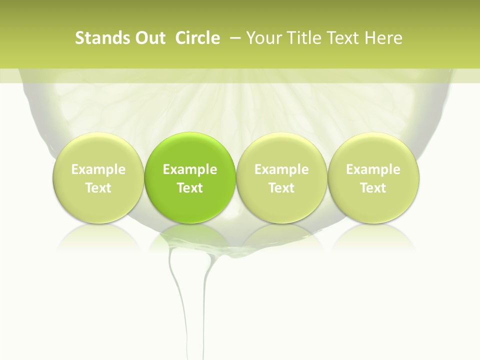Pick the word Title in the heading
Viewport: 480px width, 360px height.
[304, 38]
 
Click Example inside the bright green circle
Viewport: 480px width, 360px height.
[190, 169]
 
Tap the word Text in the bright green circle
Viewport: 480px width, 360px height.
[190, 188]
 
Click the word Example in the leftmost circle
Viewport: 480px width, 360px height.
[98, 169]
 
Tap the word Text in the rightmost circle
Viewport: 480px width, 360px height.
[373, 188]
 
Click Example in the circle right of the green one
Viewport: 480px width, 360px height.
[281, 169]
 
